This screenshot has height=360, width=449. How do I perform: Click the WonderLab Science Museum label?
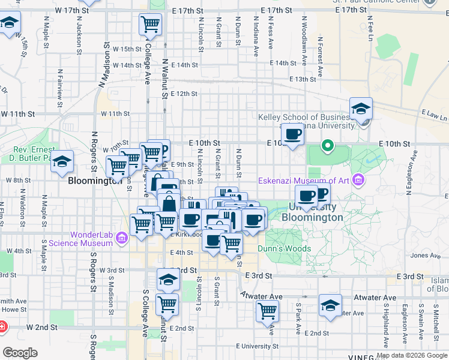pyautogui.click(x=91, y=239)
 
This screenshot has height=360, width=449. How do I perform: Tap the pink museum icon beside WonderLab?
pyautogui.click(x=121, y=239)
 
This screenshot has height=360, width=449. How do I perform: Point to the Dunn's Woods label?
pyautogui.click(x=285, y=248)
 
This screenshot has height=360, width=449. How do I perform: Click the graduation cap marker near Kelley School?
pyautogui.click(x=361, y=110)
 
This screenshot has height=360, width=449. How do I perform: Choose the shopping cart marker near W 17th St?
pyautogui.click(x=150, y=25)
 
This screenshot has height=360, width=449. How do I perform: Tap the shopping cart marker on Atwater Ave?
pyautogui.click(x=267, y=311)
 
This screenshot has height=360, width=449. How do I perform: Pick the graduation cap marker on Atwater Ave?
pyautogui.click(x=330, y=306)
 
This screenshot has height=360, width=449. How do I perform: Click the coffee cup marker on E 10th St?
pyautogui.click(x=293, y=134)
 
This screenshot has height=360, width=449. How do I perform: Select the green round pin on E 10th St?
pyautogui.click(x=327, y=146)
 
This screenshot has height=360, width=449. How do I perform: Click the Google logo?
pyautogui.click(x=20, y=352)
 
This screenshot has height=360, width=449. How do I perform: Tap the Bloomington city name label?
pyautogui.click(x=95, y=181)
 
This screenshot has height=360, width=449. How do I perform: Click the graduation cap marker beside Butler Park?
pyautogui.click(x=62, y=162)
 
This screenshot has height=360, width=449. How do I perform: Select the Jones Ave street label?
pyautogui.click(x=427, y=256)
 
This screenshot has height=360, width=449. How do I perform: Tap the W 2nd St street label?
pyautogui.click(x=42, y=328)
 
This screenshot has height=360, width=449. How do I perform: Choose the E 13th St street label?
pyautogui.click(x=303, y=79)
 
